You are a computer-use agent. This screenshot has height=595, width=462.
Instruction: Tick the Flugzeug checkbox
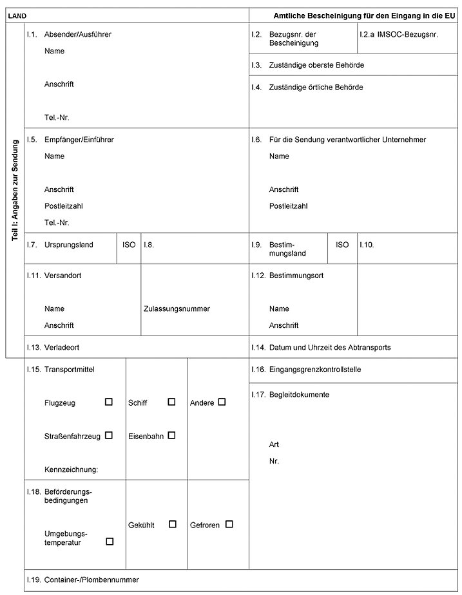tap(109, 402)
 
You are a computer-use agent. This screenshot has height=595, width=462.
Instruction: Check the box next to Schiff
tap(171, 402)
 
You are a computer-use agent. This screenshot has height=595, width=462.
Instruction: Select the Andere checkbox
tap(222, 402)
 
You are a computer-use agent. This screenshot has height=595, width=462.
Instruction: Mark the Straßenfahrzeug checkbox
tap(109, 435)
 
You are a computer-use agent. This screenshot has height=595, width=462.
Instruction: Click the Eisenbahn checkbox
tap(171, 435)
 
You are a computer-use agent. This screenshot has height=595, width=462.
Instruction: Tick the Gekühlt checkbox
tap(173, 524)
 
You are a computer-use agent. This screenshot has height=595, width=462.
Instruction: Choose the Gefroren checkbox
tap(229, 524)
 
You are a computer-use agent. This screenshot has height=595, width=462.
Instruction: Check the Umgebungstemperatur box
tap(110, 542)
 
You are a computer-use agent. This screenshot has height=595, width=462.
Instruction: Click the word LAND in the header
tap(17, 14)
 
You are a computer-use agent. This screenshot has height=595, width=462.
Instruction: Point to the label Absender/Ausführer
tap(77, 34)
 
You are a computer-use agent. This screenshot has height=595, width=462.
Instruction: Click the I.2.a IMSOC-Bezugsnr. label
tap(398, 34)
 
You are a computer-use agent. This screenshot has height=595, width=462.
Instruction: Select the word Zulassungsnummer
tap(177, 308)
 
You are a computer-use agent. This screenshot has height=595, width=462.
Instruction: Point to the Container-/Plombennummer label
tap(91, 580)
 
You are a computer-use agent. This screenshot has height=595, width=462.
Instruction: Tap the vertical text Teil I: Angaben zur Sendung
tap(15, 191)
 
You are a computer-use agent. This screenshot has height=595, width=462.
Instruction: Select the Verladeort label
tap(62, 347)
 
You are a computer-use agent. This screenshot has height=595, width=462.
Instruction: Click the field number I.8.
tap(149, 245)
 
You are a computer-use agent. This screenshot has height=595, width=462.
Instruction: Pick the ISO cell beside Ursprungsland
tap(129, 245)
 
